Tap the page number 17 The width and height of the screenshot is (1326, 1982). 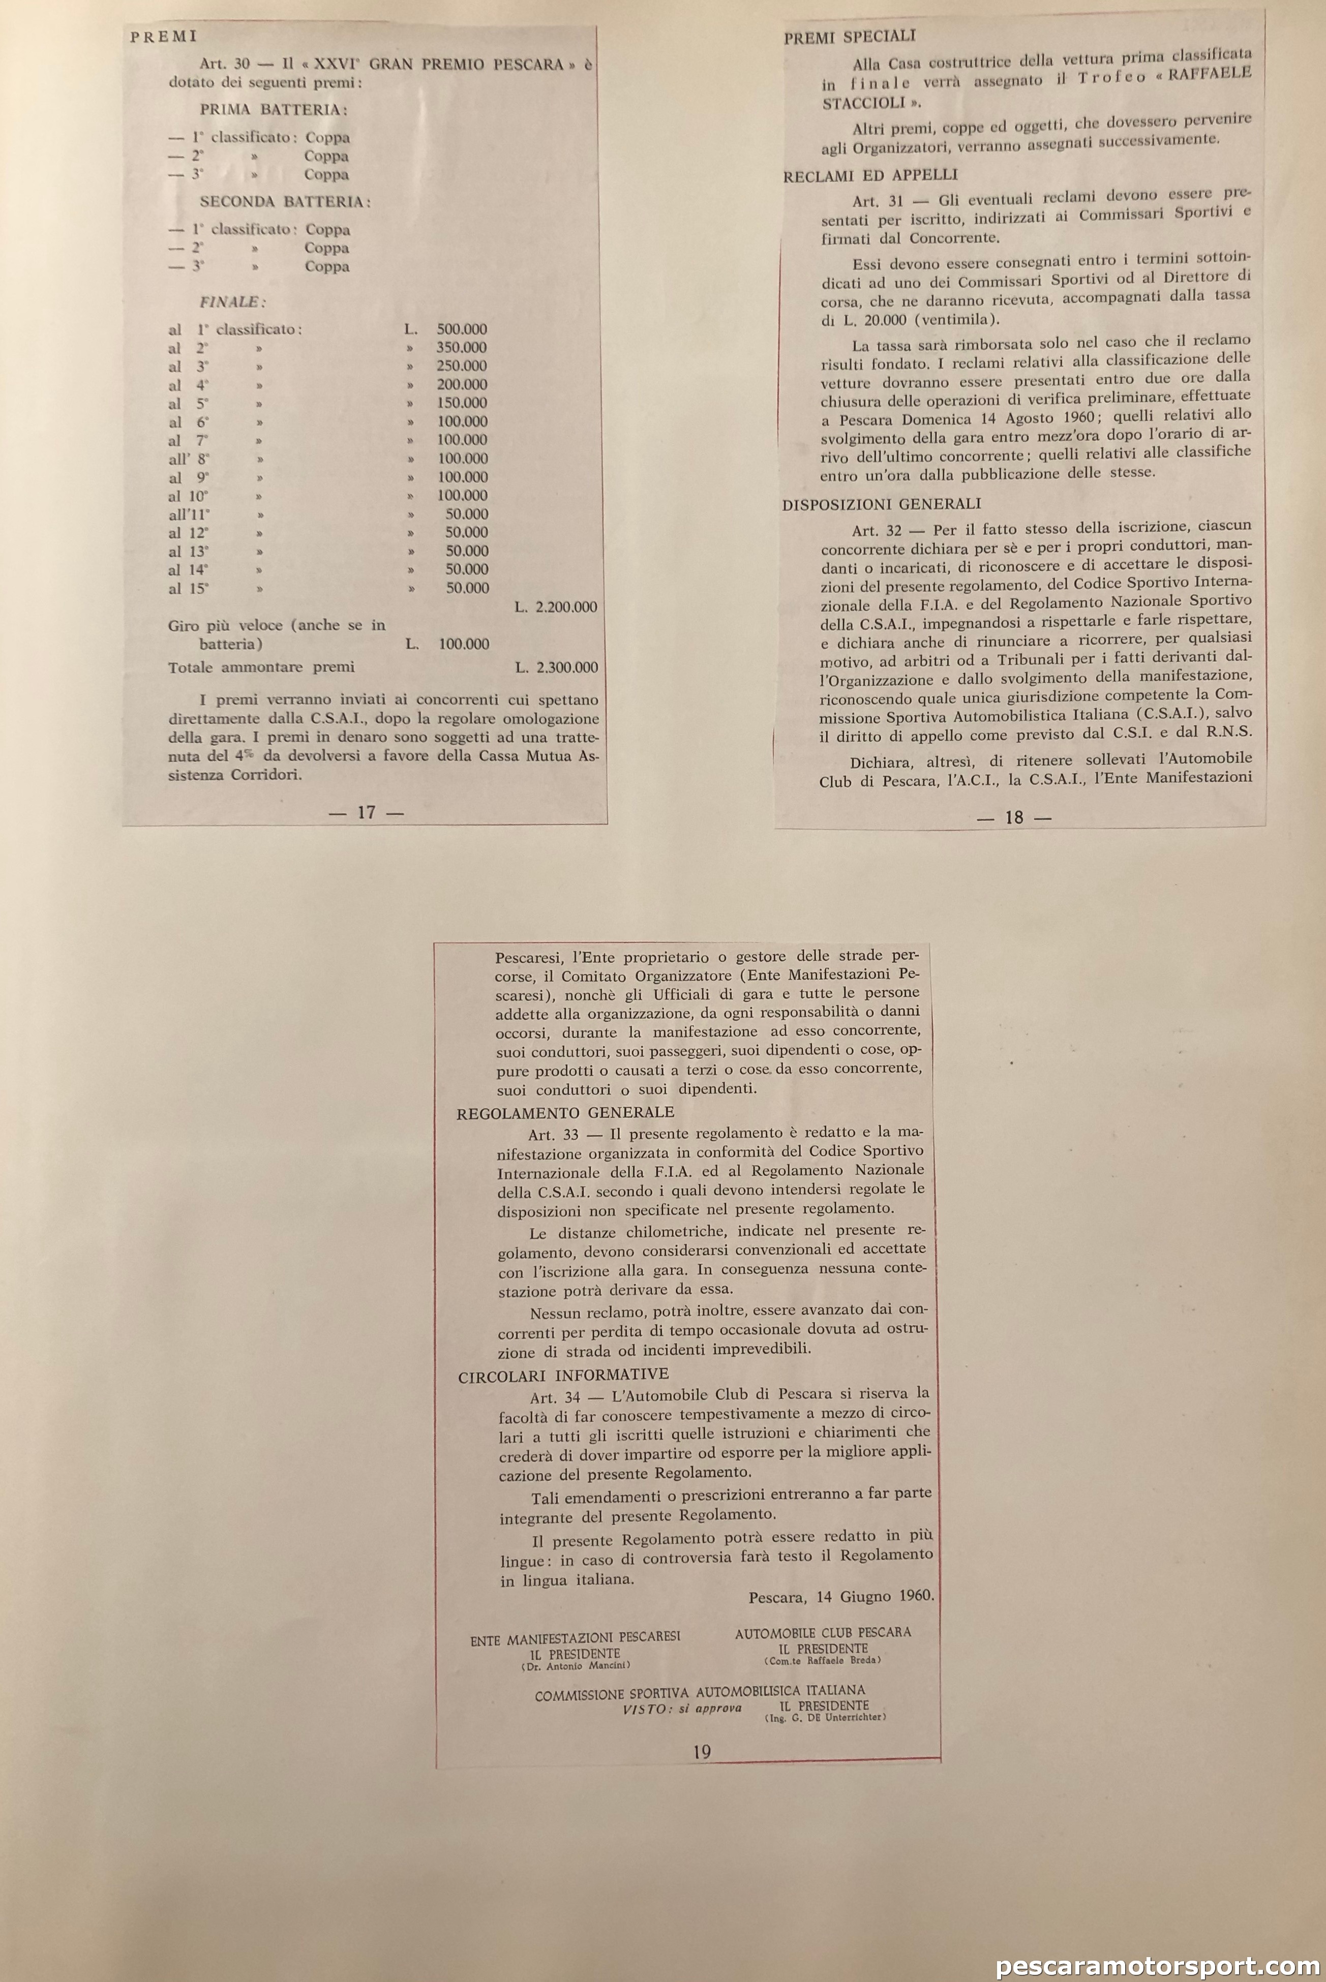tap(366, 813)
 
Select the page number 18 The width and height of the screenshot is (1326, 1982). tap(1014, 818)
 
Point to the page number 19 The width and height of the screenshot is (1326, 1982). tap(702, 1753)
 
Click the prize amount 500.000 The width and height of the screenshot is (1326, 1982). tap(462, 329)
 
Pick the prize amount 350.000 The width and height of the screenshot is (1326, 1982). tap(462, 348)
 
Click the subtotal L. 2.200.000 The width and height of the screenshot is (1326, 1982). tap(556, 607)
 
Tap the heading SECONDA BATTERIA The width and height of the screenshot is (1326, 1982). tap(285, 202)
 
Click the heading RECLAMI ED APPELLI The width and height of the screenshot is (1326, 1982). tap(870, 176)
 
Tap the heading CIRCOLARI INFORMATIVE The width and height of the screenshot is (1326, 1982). tap(563, 1375)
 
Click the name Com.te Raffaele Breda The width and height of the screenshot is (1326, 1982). tap(823, 1660)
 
